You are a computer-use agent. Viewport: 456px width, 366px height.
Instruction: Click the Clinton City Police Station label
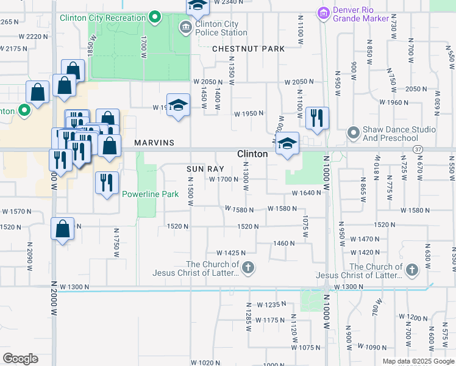coord(221,28)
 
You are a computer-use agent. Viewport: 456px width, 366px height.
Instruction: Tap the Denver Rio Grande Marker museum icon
coord(323,13)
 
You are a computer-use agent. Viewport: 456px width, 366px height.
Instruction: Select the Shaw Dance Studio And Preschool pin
coord(353,132)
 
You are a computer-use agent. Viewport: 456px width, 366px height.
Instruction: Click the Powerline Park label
coord(150,195)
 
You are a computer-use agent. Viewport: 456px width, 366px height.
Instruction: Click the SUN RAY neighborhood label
coord(201,168)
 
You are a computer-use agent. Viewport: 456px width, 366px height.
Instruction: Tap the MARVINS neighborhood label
coord(155,143)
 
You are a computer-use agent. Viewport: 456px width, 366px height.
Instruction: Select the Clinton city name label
coord(252,154)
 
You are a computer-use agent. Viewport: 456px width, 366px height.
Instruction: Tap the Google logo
coord(20,359)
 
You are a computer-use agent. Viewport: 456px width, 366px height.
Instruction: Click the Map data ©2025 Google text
coord(418,361)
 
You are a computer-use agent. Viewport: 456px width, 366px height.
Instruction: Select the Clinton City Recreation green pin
coord(155,17)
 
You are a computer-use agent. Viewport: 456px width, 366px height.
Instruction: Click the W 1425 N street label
coord(230,253)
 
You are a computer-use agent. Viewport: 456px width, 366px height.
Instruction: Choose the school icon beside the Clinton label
coord(288,145)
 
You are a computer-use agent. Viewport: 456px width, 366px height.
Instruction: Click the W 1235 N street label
coord(271,304)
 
